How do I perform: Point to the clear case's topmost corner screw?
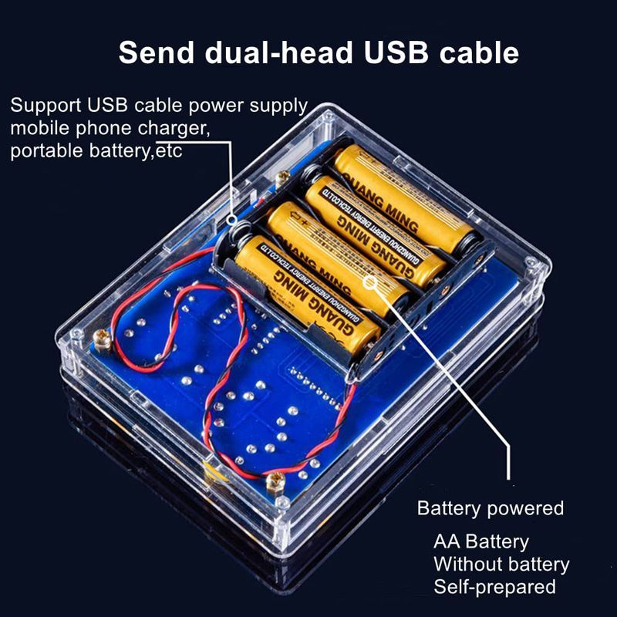pyautogui.click(x=328, y=117)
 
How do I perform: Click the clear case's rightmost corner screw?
pyautogui.click(x=531, y=263)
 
